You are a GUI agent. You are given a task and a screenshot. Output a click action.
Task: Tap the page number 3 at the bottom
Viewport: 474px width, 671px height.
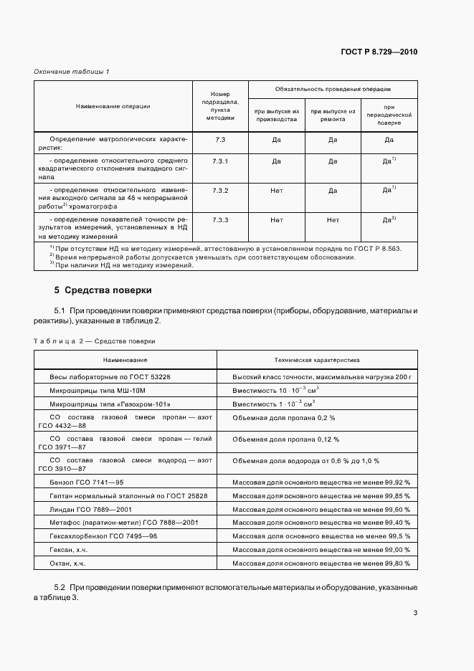pyautogui.click(x=415, y=612)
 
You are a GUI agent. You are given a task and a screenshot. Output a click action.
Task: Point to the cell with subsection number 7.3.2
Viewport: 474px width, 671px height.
pyautogui.click(x=220, y=190)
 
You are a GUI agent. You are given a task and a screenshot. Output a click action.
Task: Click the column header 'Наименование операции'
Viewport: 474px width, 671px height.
pyautogui.click(x=113, y=106)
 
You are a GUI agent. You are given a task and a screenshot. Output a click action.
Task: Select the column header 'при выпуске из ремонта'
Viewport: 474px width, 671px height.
pyautogui.click(x=333, y=115)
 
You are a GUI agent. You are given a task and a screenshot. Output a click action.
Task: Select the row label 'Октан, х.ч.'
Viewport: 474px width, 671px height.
pyautogui.click(x=68, y=563)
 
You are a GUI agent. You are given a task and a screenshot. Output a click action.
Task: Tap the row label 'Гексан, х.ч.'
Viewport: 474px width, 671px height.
pyautogui.click(x=70, y=549)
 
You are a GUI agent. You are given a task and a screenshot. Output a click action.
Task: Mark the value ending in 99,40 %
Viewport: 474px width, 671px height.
pyautogui.click(x=321, y=523)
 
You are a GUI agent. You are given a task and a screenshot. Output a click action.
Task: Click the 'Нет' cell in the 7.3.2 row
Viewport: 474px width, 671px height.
pyautogui.click(x=277, y=190)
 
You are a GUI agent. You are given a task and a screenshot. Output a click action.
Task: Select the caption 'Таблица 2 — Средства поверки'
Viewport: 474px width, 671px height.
pyautogui.click(x=95, y=341)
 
